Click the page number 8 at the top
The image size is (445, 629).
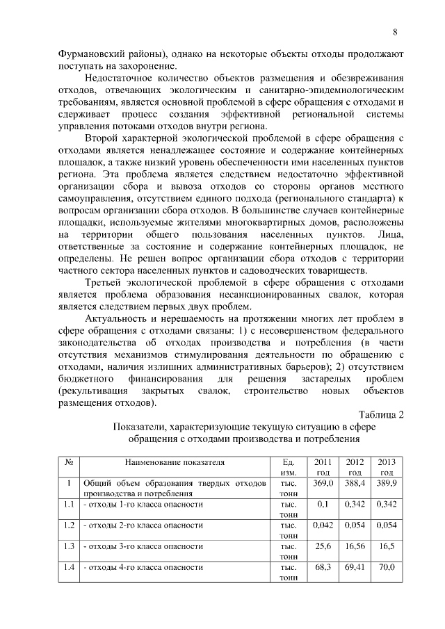(394, 32)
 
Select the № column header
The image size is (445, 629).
(69, 461)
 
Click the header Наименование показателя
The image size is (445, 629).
(175, 461)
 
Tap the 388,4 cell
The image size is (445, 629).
(355, 482)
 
